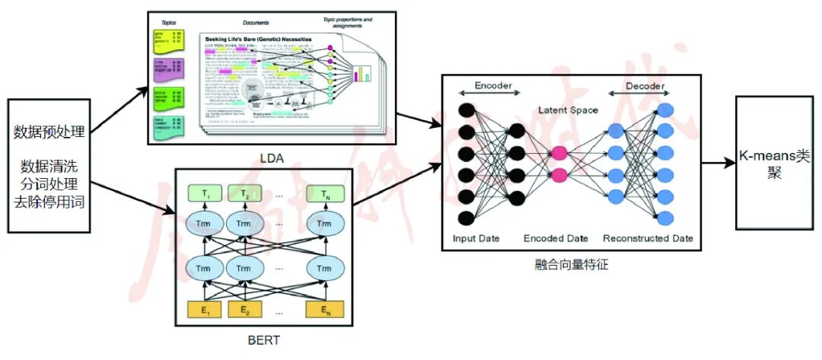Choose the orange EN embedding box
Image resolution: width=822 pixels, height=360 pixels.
click(325, 310)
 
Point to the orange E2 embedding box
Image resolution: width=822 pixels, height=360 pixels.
click(244, 310)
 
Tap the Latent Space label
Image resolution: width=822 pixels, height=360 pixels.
click(568, 110)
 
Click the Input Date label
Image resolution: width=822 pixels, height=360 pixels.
click(476, 238)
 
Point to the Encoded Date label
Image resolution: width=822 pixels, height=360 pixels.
click(556, 238)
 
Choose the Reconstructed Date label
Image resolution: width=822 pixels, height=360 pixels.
click(648, 238)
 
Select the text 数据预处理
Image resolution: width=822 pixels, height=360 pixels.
click(48, 132)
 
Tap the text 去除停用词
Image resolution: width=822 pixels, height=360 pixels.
click(48, 202)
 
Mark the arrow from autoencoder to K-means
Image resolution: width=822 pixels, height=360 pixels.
click(717, 163)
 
